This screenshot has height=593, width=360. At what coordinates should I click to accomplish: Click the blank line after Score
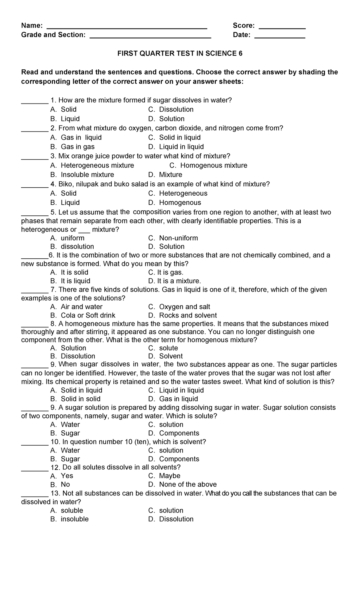point(282,28)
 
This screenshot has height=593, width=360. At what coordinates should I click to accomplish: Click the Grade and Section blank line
point(150,37)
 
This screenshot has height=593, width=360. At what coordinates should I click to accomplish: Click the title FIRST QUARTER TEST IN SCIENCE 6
point(180,53)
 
